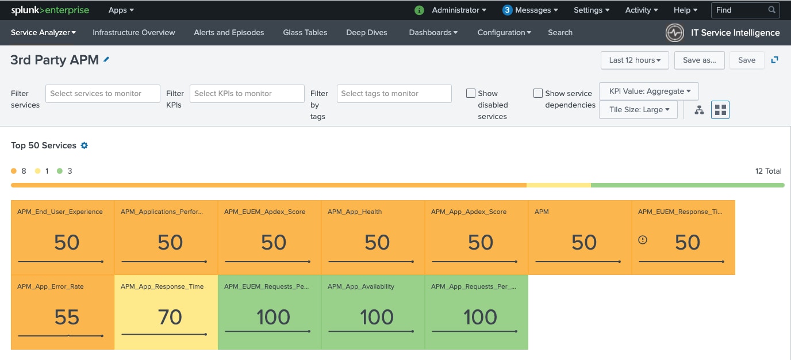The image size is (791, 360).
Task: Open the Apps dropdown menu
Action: pos(121,10)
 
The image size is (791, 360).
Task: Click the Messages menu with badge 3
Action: pos(530,10)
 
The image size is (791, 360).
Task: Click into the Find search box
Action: pos(740,10)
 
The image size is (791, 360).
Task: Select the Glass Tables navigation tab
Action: pos(305,33)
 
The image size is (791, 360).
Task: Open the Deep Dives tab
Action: pos(367,33)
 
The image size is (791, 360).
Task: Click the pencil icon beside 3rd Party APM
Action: pos(106,60)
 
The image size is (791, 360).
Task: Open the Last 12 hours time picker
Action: pos(635,60)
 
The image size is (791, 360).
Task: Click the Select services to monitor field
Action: pos(103,94)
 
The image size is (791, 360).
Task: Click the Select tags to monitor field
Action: pos(394,94)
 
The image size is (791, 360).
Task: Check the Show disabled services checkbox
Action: pos(471,93)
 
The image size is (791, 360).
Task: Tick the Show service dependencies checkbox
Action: pos(538,93)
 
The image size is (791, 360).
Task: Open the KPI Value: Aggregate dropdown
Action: pos(648,91)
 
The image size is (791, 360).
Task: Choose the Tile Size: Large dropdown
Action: pos(638,109)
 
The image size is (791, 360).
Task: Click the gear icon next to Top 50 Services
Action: pos(84,145)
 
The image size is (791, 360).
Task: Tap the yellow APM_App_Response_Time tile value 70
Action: pos(170,317)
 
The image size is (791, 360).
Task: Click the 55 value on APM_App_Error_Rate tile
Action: pos(67,317)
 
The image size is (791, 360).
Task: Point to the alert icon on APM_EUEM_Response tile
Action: pos(643,240)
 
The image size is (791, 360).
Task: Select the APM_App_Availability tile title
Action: pos(361,286)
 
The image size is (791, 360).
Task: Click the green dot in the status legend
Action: pos(60,171)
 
